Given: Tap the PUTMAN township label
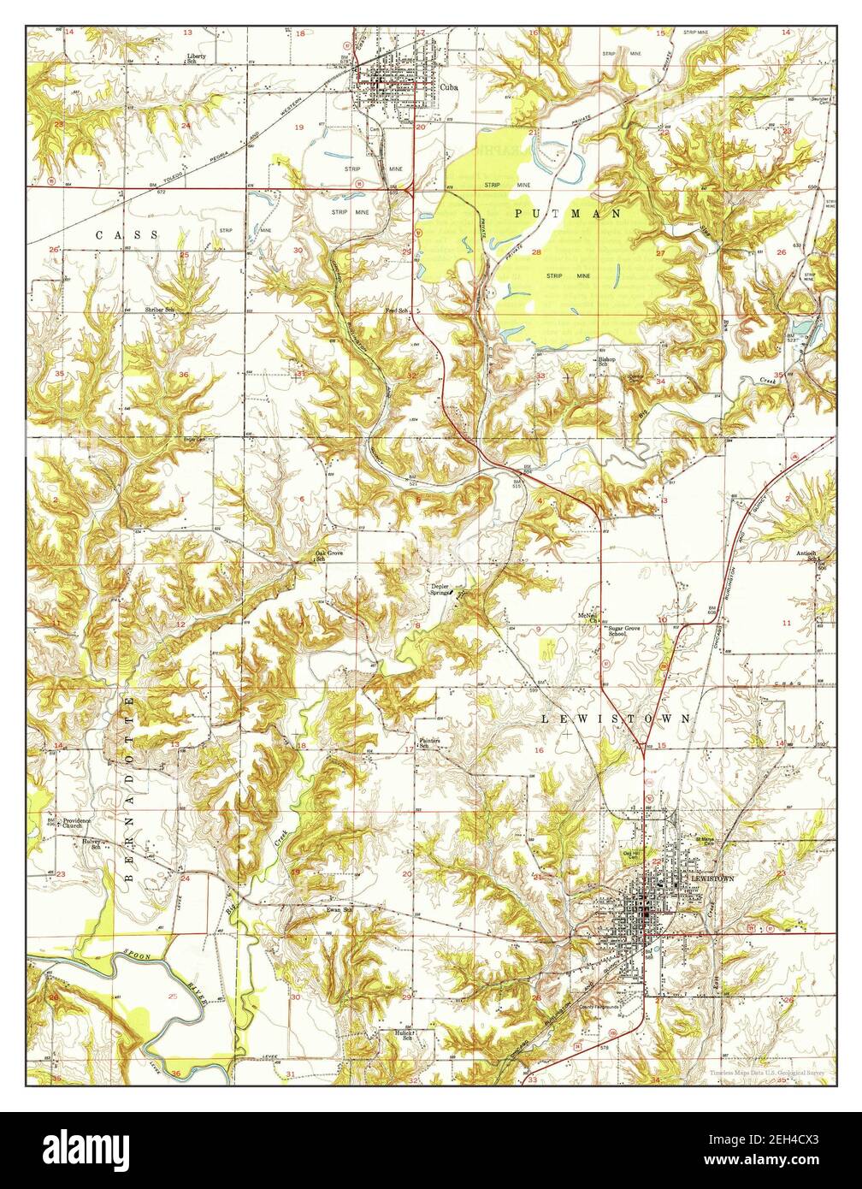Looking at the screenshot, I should point(568,214).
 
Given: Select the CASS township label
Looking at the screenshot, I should point(127,234).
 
